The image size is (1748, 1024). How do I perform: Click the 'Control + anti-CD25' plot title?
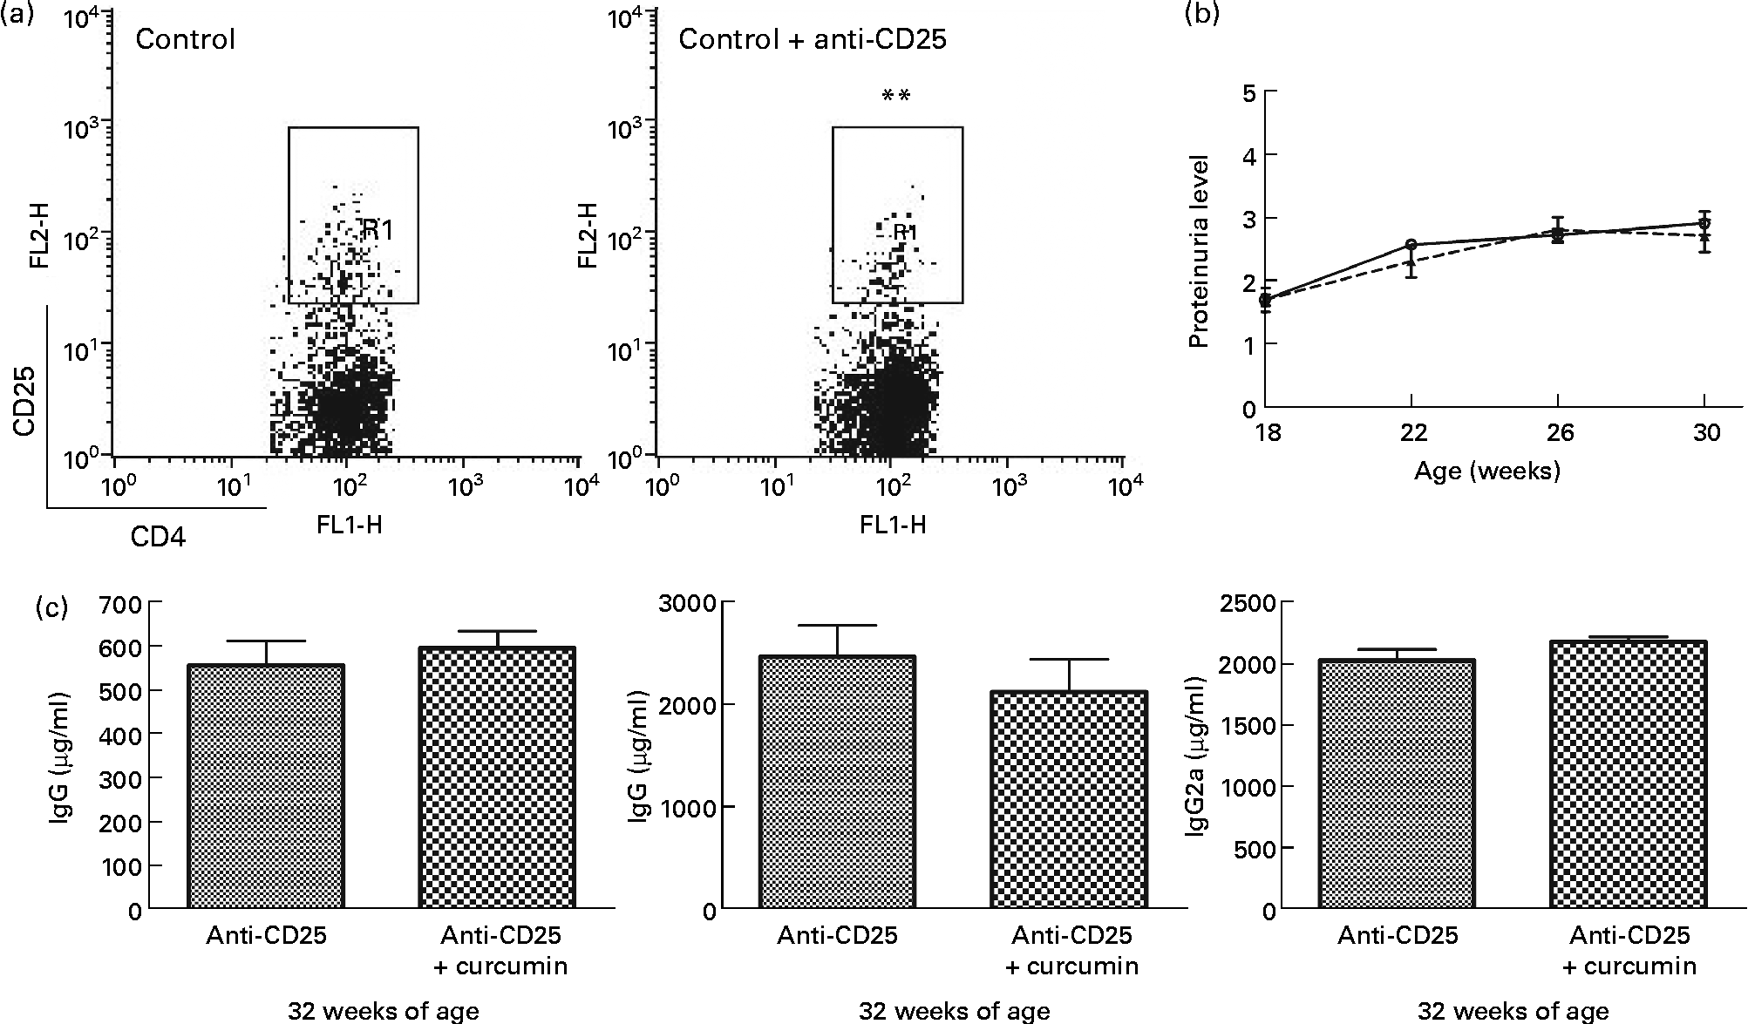812,40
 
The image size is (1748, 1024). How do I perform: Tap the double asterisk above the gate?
896,96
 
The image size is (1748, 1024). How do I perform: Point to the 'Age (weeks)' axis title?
1486,471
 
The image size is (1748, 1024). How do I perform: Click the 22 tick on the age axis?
1413,432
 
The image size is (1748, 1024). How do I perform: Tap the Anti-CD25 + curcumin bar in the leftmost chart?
497,778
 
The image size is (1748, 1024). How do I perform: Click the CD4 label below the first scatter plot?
158,537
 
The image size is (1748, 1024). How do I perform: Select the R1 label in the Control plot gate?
378,230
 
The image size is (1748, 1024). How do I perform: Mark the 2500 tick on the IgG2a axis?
1251,602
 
